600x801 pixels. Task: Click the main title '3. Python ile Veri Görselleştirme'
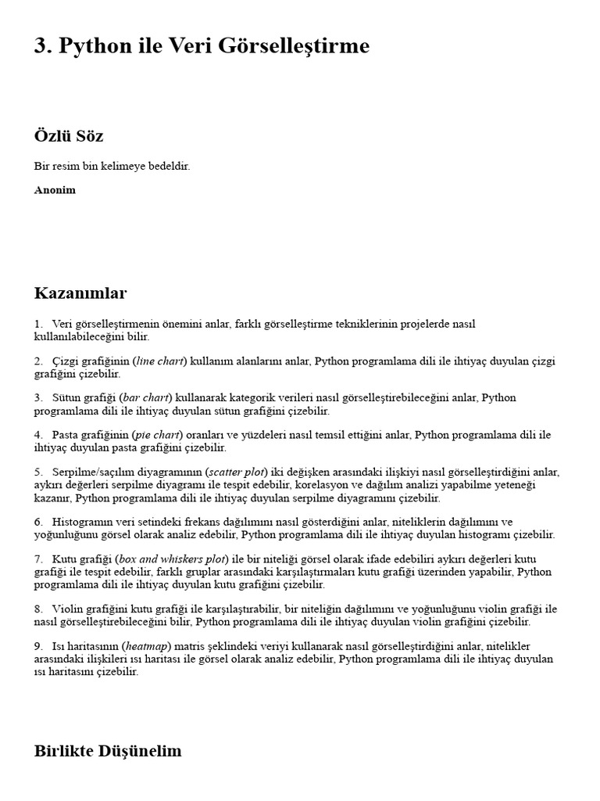pos(202,47)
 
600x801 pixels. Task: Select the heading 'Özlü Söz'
pos(69,136)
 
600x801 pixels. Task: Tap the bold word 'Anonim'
pos(55,190)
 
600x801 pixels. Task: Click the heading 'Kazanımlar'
pos(80,293)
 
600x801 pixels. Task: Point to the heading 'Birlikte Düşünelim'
pos(108,751)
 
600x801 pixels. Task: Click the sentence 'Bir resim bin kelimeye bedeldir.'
pos(112,167)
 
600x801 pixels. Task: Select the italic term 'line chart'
pos(159,361)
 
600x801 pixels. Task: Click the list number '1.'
pos(38,324)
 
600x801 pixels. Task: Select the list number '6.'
pos(38,522)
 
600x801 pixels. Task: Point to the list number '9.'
pos(38,647)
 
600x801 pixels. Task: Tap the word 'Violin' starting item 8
pos(68,609)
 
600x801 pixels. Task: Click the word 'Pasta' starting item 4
pos(66,435)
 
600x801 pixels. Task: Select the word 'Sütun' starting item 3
pos(67,398)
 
